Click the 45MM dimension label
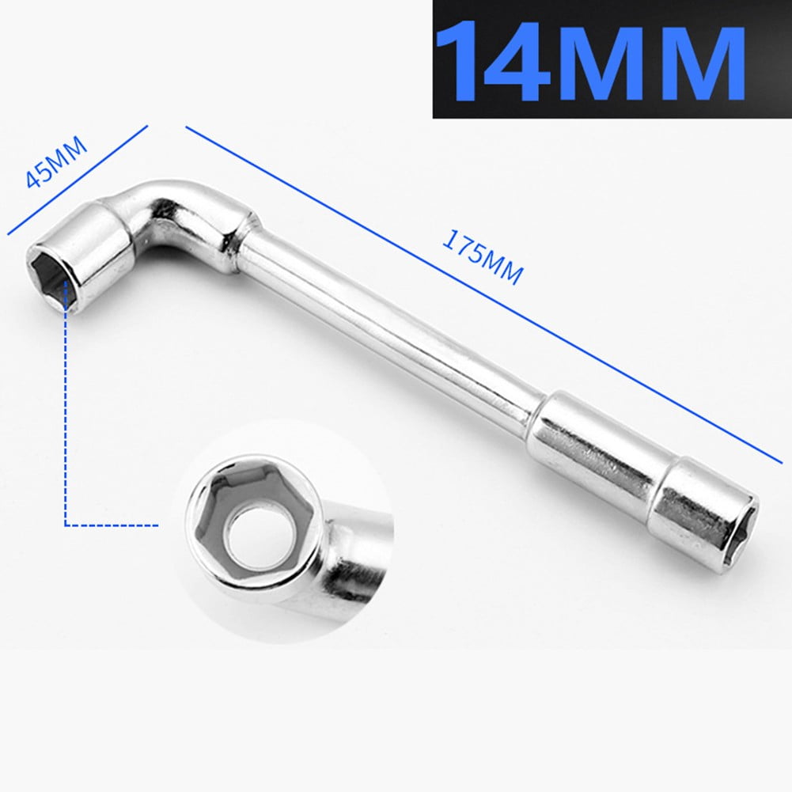(56, 163)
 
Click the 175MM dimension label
(482, 258)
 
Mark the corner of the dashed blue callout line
(65, 524)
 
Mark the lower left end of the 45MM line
(9, 234)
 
